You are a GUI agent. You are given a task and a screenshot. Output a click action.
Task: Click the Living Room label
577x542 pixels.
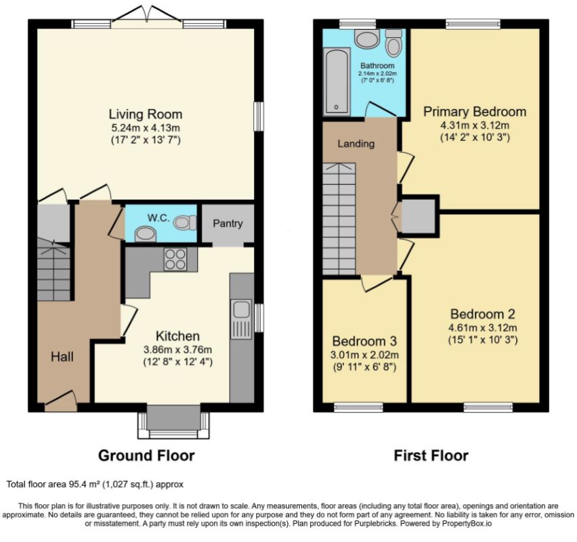click(x=146, y=114)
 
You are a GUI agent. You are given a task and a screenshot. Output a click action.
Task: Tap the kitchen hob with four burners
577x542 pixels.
click(x=175, y=259)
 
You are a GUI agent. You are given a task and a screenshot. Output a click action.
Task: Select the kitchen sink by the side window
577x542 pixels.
click(x=241, y=319)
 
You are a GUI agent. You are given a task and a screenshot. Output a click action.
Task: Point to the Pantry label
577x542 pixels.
click(x=228, y=224)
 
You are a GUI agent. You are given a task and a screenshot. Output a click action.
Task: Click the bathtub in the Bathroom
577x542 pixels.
click(x=337, y=81)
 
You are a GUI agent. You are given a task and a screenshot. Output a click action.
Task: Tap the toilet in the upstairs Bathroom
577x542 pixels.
click(x=393, y=43)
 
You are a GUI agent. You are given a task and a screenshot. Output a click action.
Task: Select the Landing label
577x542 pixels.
click(x=356, y=144)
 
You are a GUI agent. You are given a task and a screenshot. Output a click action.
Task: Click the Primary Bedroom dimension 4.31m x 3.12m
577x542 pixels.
click(x=475, y=125)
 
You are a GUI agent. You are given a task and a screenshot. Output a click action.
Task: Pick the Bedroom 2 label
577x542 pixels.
click(x=482, y=314)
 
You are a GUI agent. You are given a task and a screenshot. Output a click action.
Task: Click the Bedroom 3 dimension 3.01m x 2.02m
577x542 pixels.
click(x=364, y=355)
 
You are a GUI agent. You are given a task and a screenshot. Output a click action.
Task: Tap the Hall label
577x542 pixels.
click(x=62, y=356)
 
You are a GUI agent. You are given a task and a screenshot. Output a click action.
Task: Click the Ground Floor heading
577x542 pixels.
click(x=146, y=455)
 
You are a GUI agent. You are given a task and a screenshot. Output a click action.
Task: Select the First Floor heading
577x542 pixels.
click(x=431, y=455)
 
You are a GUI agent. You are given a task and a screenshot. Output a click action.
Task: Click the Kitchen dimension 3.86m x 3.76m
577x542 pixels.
click(x=177, y=350)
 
